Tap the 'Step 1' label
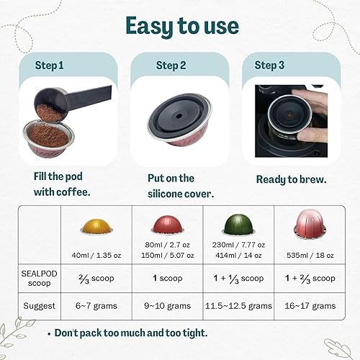click(x=49, y=66)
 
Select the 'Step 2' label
click(x=171, y=66)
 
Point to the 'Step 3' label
click(x=269, y=66)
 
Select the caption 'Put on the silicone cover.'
click(x=176, y=186)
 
